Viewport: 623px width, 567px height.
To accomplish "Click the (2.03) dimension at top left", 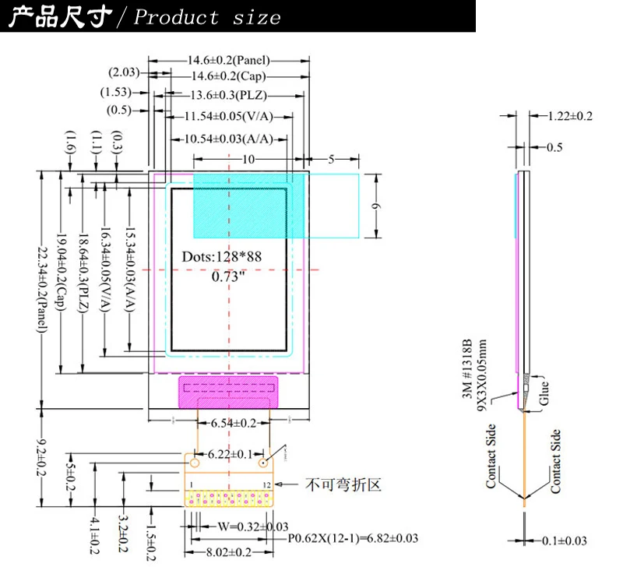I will click(124, 72).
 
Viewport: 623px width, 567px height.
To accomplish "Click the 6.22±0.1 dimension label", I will click(228, 453).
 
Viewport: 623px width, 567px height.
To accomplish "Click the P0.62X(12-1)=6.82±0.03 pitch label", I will click(353, 538).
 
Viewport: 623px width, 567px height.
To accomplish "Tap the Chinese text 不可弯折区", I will click(343, 484).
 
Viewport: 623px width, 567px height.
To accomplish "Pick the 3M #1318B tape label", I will click(467, 371).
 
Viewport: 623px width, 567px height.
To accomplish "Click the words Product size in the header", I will click(207, 17).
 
